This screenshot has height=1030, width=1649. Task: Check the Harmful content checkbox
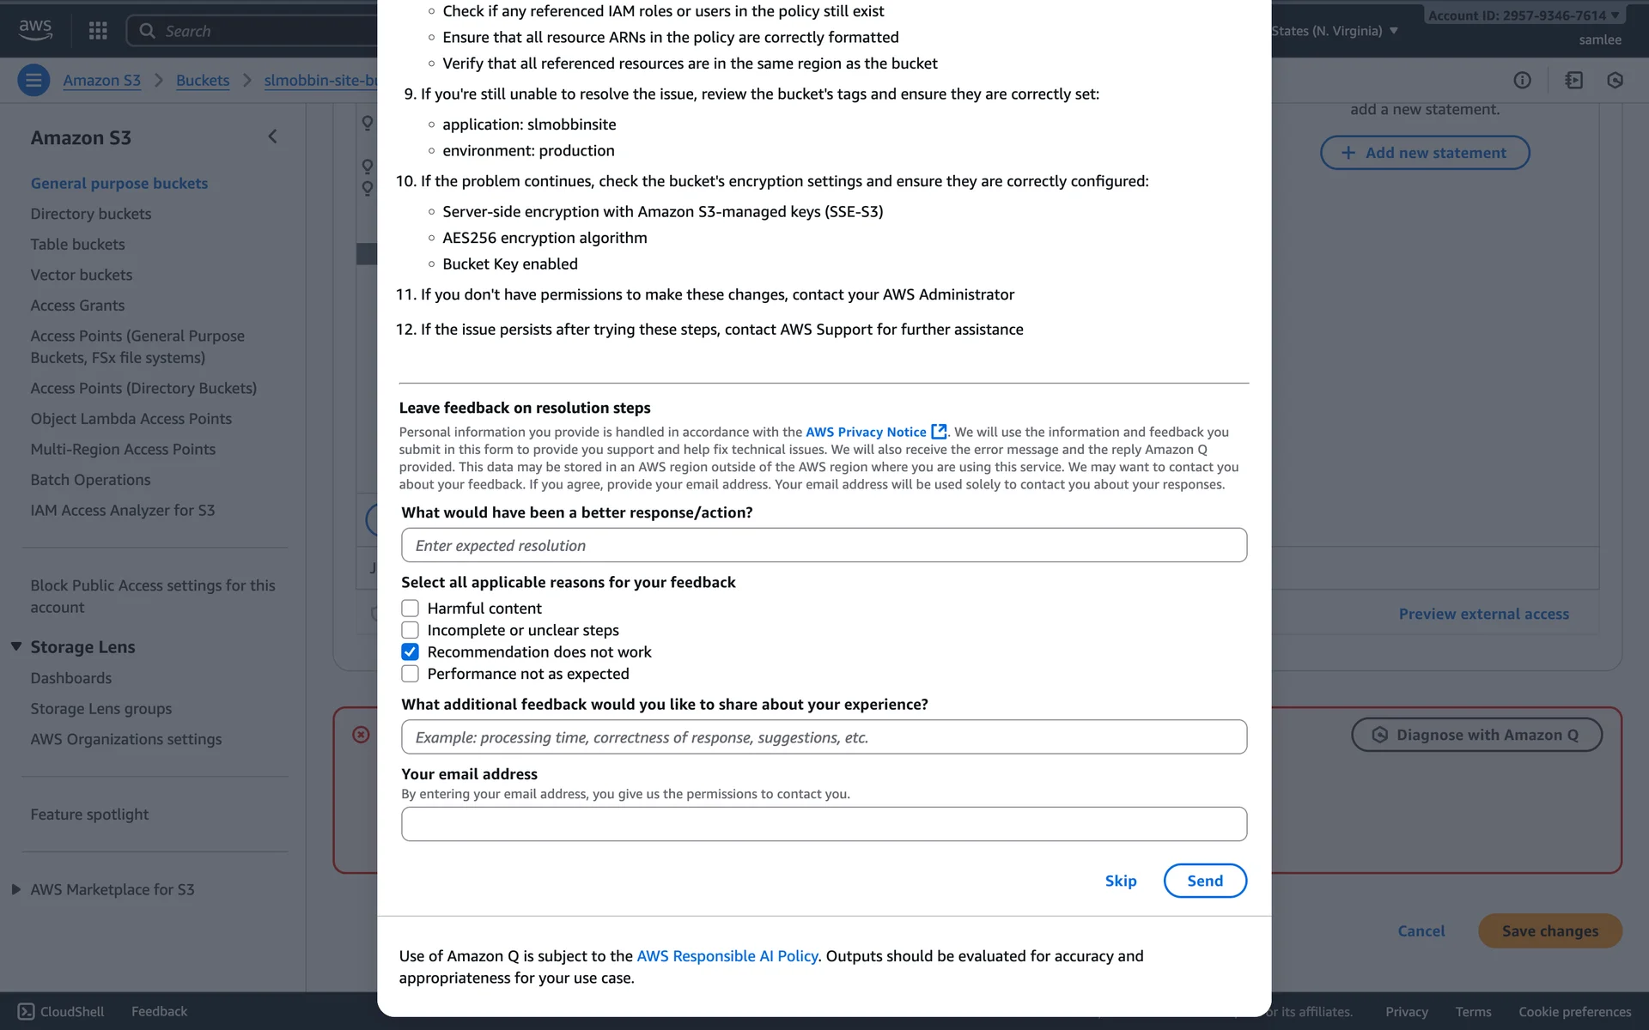[x=410, y=609]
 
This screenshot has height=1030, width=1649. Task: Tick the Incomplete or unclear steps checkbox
[x=410, y=630]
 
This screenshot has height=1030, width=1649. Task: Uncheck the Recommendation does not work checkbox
[x=410, y=652]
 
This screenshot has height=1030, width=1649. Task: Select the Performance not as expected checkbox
[x=410, y=674]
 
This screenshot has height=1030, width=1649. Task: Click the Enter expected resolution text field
[x=824, y=545]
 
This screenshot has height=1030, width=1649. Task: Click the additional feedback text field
[x=824, y=737]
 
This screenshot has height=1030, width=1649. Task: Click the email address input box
[x=824, y=824]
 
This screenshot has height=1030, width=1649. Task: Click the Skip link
[x=1120, y=881]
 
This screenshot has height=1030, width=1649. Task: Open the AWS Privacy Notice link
[x=866, y=432]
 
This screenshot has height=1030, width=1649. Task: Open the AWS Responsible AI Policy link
[x=727, y=956]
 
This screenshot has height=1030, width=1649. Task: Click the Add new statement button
[x=1425, y=153]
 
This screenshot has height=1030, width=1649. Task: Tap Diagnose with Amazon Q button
[x=1476, y=735]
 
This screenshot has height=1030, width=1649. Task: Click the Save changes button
[x=1549, y=931]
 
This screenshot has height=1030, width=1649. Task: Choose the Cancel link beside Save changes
[x=1421, y=931]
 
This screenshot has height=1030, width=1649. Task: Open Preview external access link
[x=1483, y=615]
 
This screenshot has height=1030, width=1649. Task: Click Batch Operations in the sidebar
[x=90, y=480]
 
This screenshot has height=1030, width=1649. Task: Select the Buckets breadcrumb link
[x=203, y=81]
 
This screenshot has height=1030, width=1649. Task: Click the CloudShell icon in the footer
[x=27, y=1012]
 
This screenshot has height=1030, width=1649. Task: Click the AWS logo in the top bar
[x=35, y=29]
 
